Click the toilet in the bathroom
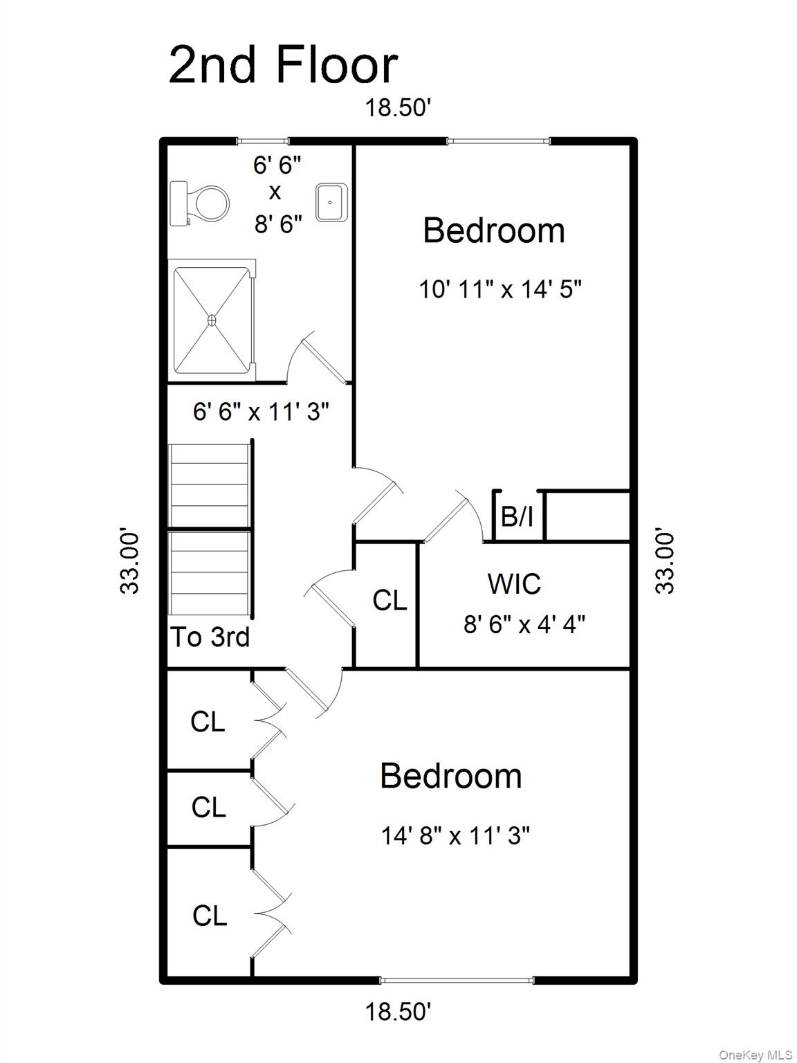(x=199, y=203)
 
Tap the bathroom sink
(x=331, y=203)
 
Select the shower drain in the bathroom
(x=212, y=320)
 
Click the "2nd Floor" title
(x=283, y=65)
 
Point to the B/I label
(x=517, y=516)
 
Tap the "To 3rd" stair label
(x=210, y=637)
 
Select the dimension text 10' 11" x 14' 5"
(x=500, y=289)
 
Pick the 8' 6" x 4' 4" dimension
(x=524, y=625)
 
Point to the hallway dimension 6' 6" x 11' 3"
(x=262, y=412)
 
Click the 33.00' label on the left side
(x=129, y=563)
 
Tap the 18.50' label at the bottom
(x=398, y=1012)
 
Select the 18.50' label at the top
(x=398, y=107)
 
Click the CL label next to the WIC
(x=390, y=601)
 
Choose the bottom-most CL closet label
(x=210, y=916)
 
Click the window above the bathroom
(x=262, y=141)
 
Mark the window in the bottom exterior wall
(x=457, y=981)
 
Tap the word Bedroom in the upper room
(x=494, y=230)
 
